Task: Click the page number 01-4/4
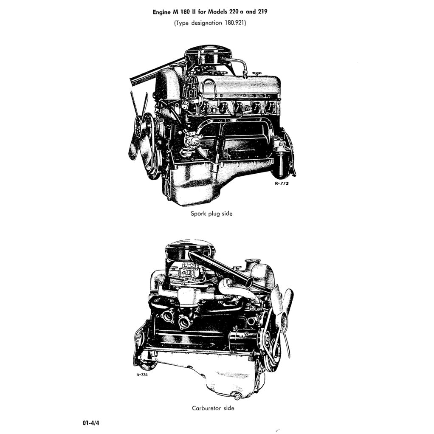[92, 423]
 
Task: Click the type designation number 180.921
[235, 23]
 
